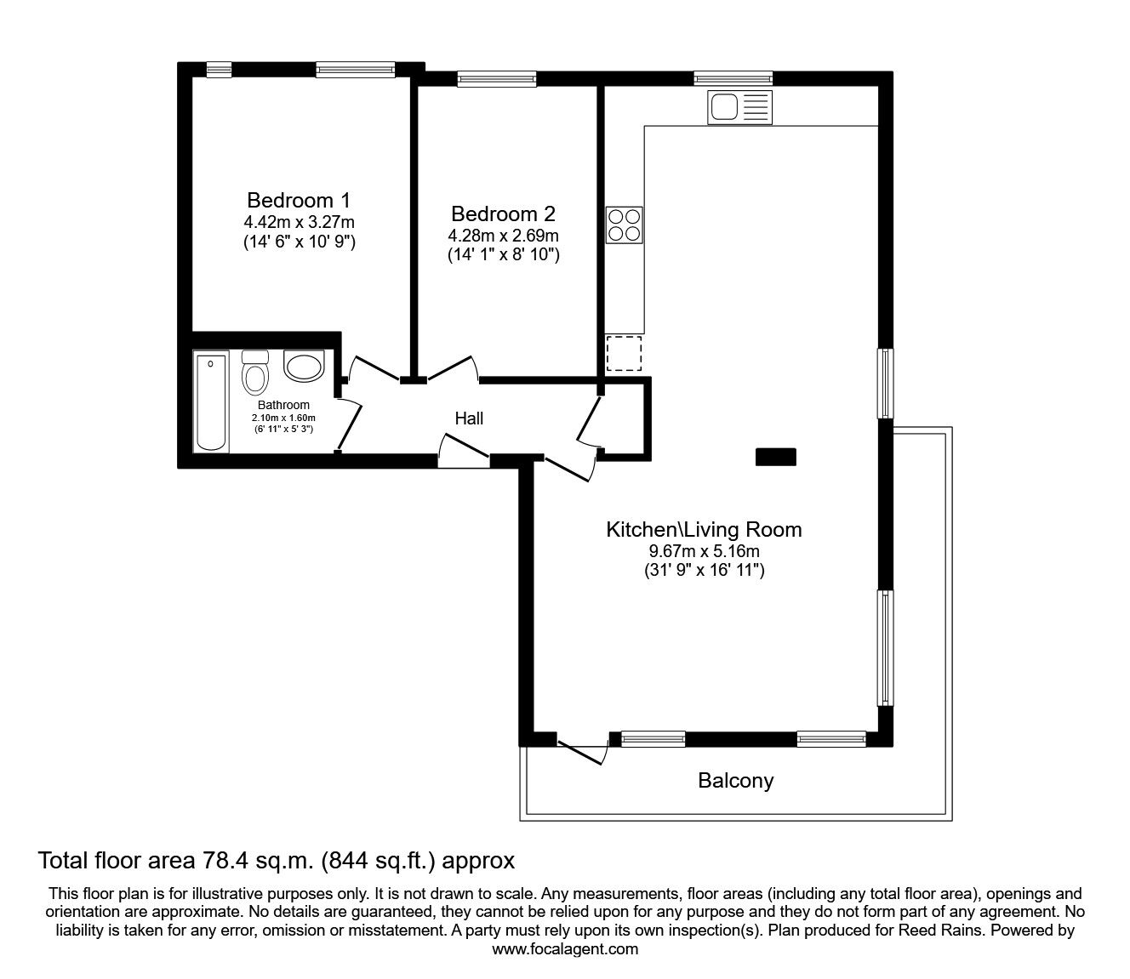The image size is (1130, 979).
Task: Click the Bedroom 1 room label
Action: coord(299,201)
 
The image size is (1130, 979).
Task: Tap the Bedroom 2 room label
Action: coord(503,213)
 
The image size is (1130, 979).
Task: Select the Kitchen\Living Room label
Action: coord(704,529)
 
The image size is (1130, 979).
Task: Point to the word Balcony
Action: coord(736,780)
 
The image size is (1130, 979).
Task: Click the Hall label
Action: coord(469,418)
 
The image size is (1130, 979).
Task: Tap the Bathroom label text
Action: coord(283,405)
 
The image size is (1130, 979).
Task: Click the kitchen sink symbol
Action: coord(739,108)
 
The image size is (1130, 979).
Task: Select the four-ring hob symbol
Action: coord(624,225)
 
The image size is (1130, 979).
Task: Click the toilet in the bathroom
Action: coord(254,373)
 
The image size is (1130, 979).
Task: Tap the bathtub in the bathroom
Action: coord(210,401)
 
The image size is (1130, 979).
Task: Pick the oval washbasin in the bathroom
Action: coord(304,366)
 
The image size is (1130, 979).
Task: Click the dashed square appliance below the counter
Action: coord(624,353)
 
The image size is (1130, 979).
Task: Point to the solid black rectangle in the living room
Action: coord(776,457)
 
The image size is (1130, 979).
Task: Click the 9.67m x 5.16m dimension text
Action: coord(704,551)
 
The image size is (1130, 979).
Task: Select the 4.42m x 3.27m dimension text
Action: coord(299,222)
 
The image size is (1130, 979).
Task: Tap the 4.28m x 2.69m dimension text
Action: coord(503,235)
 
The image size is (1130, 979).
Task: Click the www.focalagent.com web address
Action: coord(565,949)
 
